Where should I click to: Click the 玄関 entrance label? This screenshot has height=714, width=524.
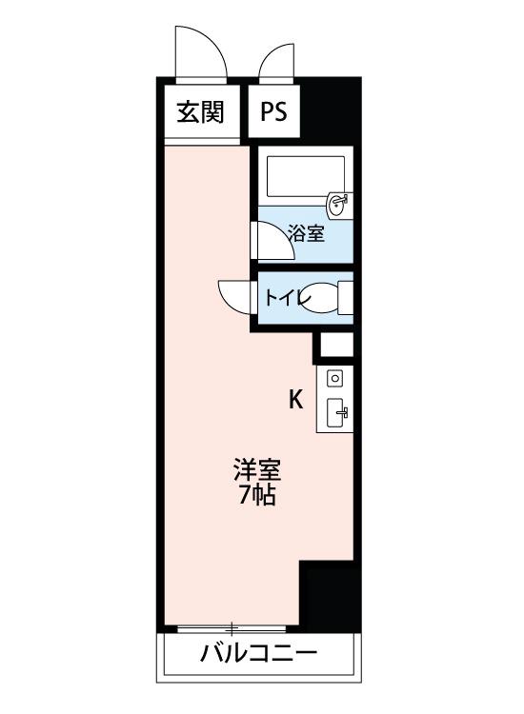[x=200, y=112]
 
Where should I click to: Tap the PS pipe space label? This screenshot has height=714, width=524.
[x=274, y=112]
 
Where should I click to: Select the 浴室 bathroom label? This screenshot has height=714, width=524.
[x=306, y=233]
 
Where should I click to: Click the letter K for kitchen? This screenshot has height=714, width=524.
[x=296, y=400]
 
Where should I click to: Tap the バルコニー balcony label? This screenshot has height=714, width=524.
[x=258, y=655]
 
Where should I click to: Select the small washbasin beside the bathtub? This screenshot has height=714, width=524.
[x=338, y=204]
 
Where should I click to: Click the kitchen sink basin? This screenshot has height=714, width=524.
[x=336, y=413]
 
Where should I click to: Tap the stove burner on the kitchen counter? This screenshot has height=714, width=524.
[x=334, y=378]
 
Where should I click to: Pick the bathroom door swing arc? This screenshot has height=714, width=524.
[x=272, y=240]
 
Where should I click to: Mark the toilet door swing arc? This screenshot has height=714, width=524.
[x=234, y=295]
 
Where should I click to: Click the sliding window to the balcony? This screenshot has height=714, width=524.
[x=232, y=628]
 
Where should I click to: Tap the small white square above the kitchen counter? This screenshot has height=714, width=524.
[x=335, y=346]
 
